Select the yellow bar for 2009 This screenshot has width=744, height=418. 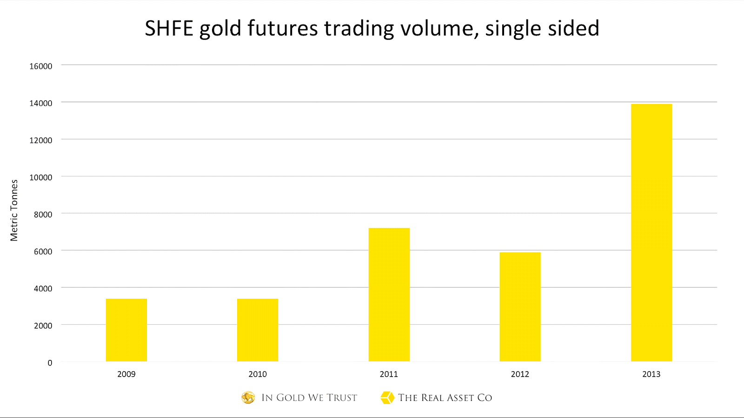[x=126, y=330]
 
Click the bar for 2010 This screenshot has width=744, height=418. [x=258, y=330]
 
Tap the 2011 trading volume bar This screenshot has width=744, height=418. [x=389, y=294]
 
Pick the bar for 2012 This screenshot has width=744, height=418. [x=520, y=307]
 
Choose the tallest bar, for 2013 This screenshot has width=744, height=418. [x=651, y=232]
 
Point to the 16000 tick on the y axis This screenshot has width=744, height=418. [x=41, y=66]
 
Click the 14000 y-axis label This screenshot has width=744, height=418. [x=41, y=103]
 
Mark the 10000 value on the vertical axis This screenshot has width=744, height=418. [x=41, y=177]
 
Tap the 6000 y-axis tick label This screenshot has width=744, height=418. [x=43, y=251]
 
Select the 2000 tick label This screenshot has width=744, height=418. [x=43, y=326]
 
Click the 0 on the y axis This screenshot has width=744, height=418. [x=50, y=363]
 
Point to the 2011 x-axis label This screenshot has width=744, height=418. [x=389, y=374]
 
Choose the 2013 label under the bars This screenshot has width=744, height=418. [x=651, y=374]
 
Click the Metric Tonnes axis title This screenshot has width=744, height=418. [x=14, y=210]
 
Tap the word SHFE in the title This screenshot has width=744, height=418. [x=169, y=28]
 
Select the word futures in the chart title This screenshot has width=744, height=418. [x=283, y=28]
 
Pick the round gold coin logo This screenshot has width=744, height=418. [x=248, y=398]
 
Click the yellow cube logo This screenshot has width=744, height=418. [x=387, y=398]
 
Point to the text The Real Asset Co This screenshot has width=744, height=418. [x=445, y=398]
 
